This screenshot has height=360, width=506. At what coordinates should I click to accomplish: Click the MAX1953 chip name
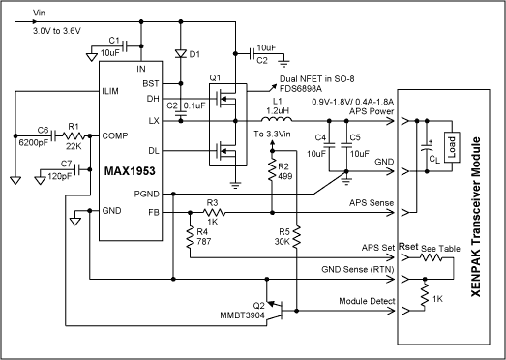click(x=130, y=171)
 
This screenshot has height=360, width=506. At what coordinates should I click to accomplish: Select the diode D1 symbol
click(x=181, y=54)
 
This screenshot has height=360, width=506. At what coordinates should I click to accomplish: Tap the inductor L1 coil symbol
click(x=277, y=119)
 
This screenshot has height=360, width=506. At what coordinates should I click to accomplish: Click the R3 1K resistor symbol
click(x=214, y=212)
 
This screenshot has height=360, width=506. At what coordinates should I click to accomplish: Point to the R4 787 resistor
click(x=190, y=238)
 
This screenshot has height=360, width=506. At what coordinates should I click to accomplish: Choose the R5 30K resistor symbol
click(x=297, y=237)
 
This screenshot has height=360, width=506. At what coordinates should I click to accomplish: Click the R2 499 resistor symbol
click(x=273, y=170)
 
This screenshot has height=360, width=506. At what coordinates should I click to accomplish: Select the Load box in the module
click(x=452, y=147)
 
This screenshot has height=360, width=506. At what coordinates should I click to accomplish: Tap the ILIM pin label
click(x=110, y=91)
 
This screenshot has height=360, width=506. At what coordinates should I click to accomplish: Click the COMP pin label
click(x=115, y=135)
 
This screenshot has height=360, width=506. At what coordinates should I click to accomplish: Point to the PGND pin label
click(x=146, y=195)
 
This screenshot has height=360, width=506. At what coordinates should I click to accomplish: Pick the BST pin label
click(x=151, y=83)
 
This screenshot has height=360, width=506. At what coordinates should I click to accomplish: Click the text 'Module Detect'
click(x=367, y=301)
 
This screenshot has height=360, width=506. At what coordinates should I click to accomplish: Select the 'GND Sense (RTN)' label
click(x=358, y=270)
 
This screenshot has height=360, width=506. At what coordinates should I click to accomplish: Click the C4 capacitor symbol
click(x=329, y=145)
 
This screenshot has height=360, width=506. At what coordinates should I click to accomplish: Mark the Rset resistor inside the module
click(x=431, y=257)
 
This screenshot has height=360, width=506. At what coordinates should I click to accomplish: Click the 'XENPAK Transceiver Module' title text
click(x=476, y=217)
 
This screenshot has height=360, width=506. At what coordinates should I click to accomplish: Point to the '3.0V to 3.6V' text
click(x=57, y=31)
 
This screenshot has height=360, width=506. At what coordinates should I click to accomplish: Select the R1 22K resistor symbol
click(x=74, y=135)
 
